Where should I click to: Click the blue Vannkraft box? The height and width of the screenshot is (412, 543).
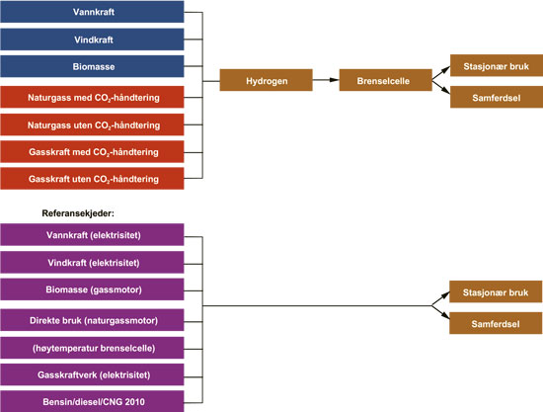(x=92, y=12)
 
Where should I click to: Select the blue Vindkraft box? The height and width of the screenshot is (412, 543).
(x=92, y=40)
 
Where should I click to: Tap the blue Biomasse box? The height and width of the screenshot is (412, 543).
(x=92, y=66)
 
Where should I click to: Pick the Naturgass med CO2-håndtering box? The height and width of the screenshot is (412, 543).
(x=92, y=98)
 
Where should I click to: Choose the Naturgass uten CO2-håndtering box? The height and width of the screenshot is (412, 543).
(x=92, y=124)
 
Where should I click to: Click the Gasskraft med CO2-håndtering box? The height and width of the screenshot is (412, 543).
(x=92, y=152)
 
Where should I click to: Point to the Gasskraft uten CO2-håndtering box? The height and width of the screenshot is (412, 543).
(x=92, y=179)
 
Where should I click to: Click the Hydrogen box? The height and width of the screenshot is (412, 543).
(x=267, y=80)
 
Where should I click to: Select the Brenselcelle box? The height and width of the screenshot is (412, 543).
(x=385, y=80)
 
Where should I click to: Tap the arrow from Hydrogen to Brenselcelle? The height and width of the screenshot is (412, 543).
(x=326, y=80)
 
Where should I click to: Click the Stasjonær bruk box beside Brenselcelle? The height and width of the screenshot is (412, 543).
(x=497, y=65)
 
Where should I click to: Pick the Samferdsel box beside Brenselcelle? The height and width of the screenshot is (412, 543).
(x=497, y=97)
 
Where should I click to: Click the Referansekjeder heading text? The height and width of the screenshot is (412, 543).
(x=78, y=213)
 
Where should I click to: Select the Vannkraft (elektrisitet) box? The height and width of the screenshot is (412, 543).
(x=92, y=235)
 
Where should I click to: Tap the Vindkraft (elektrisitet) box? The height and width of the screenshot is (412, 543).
(x=92, y=262)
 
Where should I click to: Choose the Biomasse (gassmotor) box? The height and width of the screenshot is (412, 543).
(x=92, y=289)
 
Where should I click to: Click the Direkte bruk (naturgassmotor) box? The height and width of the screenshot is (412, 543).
(x=92, y=320)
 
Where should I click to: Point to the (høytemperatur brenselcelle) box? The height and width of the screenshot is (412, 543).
(x=92, y=348)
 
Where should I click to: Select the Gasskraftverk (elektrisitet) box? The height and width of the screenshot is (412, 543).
(x=92, y=374)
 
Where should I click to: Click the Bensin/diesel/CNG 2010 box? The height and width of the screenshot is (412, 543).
(x=92, y=401)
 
